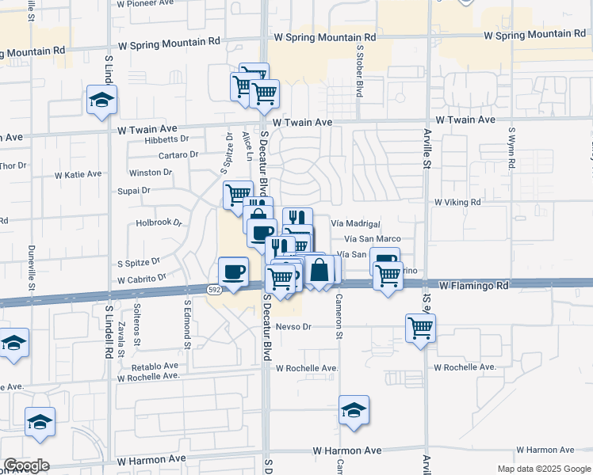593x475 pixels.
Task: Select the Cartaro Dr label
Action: [178, 154]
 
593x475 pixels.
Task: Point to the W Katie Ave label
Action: [78, 174]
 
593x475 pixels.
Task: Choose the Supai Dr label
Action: [134, 191]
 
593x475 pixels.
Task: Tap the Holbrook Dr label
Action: [159, 223]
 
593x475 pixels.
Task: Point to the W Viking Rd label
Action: [457, 202]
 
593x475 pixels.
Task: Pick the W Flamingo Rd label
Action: [473, 284]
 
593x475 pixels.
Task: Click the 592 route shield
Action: [213, 291]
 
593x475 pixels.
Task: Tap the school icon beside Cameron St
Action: [354, 410]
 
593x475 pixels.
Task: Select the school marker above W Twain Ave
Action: [102, 101]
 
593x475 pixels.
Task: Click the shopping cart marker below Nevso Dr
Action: [420, 327]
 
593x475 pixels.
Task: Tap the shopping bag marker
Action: [319, 271]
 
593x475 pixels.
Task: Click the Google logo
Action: [26, 465]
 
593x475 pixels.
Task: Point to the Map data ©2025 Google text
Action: [543, 469]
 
